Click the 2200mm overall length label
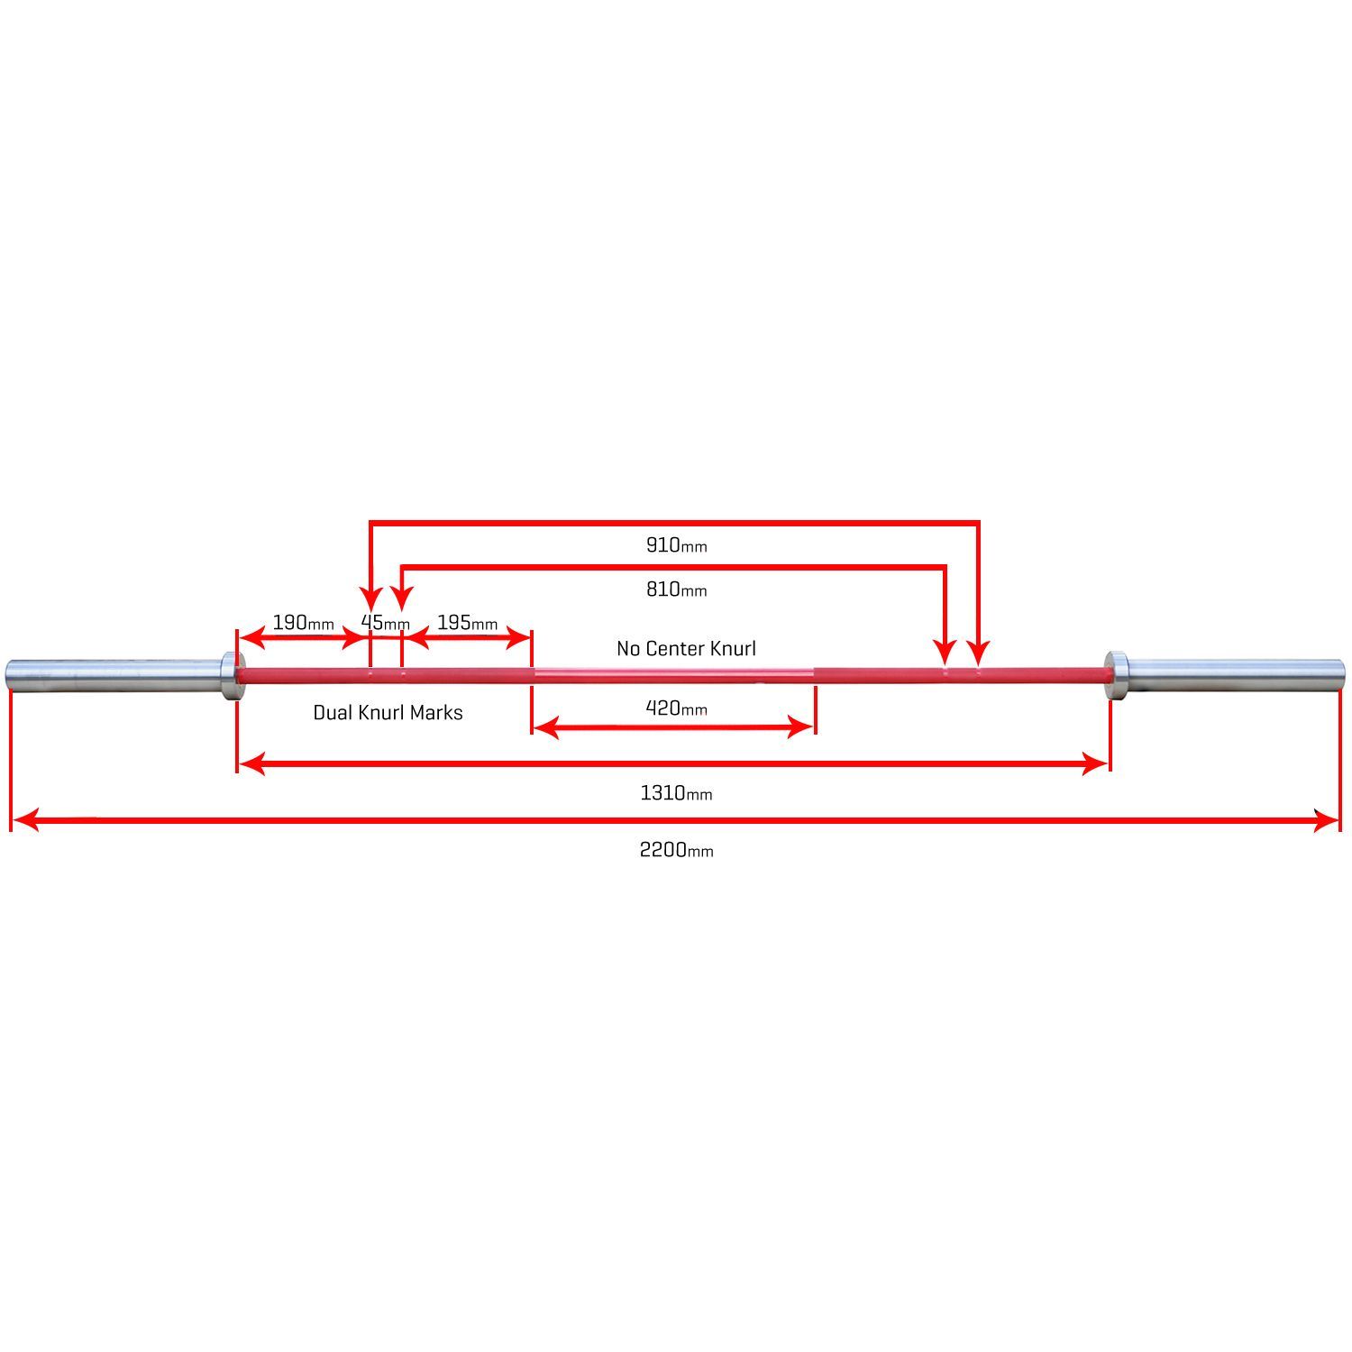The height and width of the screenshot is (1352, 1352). click(676, 850)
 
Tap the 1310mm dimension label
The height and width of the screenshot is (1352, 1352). click(676, 793)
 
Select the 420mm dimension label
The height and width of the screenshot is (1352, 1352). click(676, 708)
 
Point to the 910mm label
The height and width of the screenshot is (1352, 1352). click(676, 544)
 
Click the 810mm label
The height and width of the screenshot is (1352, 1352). click(676, 589)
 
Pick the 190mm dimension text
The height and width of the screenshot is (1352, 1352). click(303, 623)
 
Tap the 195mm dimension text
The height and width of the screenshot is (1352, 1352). click(467, 623)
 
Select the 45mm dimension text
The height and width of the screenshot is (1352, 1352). click(386, 623)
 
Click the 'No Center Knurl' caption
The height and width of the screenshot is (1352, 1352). click(686, 648)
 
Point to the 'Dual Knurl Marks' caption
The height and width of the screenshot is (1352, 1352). click(388, 712)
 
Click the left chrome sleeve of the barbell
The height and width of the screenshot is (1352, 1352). click(114, 671)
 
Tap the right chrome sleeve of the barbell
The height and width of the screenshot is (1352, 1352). click(1236, 671)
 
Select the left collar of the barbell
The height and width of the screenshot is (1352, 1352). click(229, 673)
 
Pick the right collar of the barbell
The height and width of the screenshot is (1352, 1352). click(1117, 673)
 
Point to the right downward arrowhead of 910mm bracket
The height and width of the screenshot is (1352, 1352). click(979, 653)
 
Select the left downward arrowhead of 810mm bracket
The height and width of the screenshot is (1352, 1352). click(402, 598)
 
